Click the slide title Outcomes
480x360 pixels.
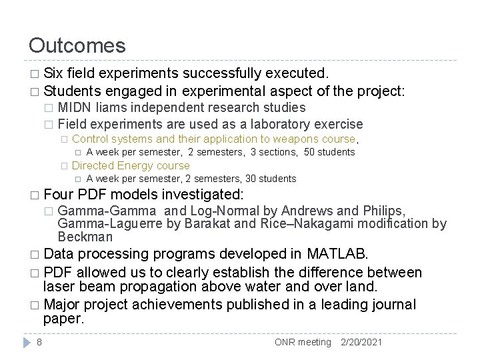[x=77, y=46]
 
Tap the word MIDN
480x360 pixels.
[x=74, y=107]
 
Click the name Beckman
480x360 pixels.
[x=85, y=237]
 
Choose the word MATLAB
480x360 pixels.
[x=337, y=253]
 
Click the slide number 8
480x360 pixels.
[x=40, y=342]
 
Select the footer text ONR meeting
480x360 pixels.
[x=303, y=342]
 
